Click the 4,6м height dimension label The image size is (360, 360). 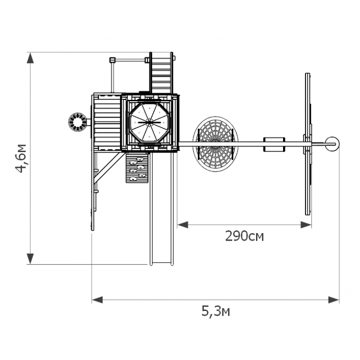pos(21,158)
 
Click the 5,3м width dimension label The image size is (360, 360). pos(216,311)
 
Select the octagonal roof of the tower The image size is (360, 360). pos(149,122)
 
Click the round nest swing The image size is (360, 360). pos(216,144)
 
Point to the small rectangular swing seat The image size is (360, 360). pos(274,144)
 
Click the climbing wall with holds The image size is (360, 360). pos(137,168)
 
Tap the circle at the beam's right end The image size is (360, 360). pos(332,144)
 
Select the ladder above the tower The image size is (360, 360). pos(161,73)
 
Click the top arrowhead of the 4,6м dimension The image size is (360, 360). pos(30,58)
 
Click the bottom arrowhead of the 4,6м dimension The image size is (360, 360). pos(30,259)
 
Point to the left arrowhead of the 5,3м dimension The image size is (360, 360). pos(97,300)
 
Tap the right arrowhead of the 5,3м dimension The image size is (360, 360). pos(333,300)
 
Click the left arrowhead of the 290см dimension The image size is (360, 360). pos(183,225)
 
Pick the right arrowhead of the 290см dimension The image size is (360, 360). pos(306,225)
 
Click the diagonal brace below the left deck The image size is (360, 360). pos(108,168)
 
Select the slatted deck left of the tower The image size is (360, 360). pos(107,122)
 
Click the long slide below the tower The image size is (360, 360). pos(162,208)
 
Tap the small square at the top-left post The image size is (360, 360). pos(112,60)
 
